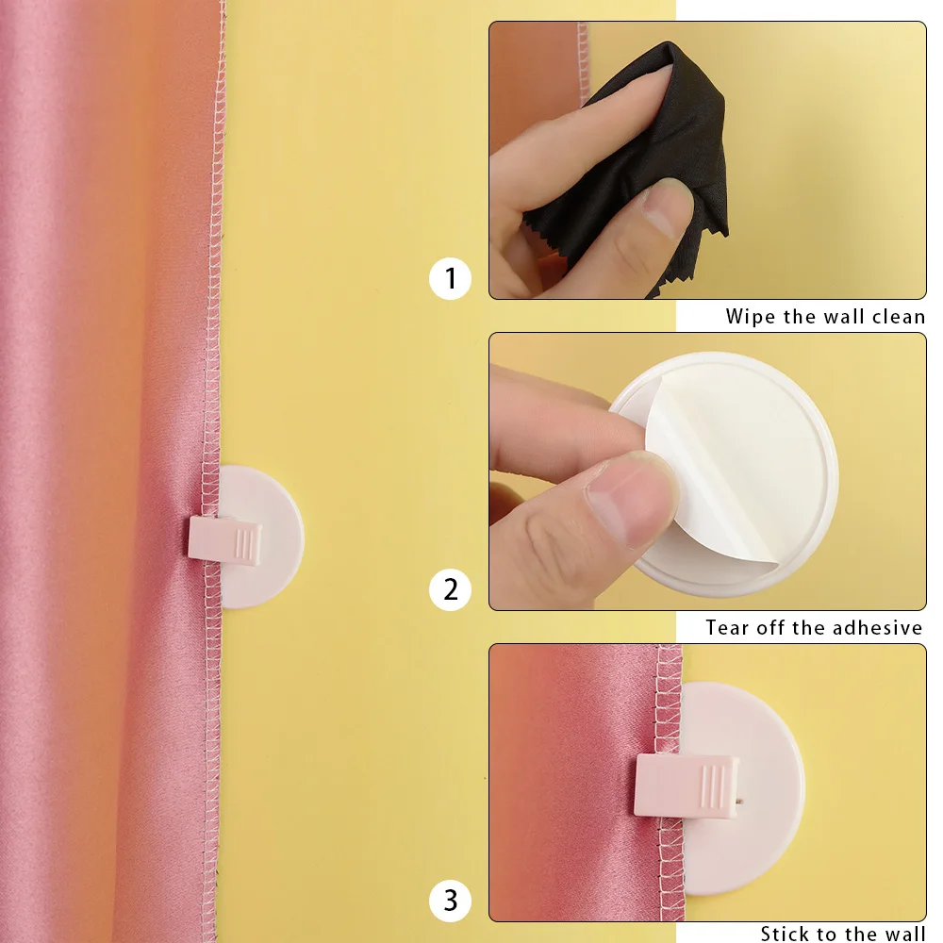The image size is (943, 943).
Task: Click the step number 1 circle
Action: (450, 279)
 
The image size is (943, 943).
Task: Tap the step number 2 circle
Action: (450, 590)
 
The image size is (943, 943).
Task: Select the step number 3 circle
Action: (450, 901)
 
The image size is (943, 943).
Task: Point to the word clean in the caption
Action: (898, 317)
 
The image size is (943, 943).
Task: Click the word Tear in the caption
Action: (728, 628)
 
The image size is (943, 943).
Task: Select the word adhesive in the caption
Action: (875, 628)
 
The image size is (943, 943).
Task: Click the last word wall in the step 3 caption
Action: (902, 935)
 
